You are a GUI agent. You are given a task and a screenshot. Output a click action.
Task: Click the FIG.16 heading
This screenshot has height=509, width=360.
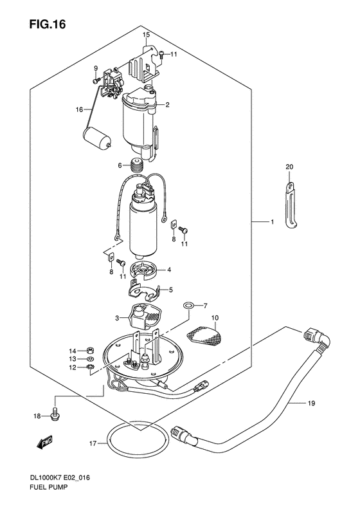(48, 24)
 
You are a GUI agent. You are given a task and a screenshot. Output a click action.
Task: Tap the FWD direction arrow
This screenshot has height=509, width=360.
(45, 442)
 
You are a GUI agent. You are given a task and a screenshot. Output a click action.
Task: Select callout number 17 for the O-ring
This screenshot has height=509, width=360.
(93, 443)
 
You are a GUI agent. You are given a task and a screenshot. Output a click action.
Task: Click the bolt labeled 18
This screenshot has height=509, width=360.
(55, 414)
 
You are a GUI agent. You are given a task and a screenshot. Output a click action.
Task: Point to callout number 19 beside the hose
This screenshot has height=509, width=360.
(310, 403)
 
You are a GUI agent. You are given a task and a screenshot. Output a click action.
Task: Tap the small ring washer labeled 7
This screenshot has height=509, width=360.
(188, 305)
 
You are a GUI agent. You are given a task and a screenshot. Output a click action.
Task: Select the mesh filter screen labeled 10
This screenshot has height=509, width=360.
(203, 335)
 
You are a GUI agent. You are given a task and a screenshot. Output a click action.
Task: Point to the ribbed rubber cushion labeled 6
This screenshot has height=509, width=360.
(136, 165)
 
